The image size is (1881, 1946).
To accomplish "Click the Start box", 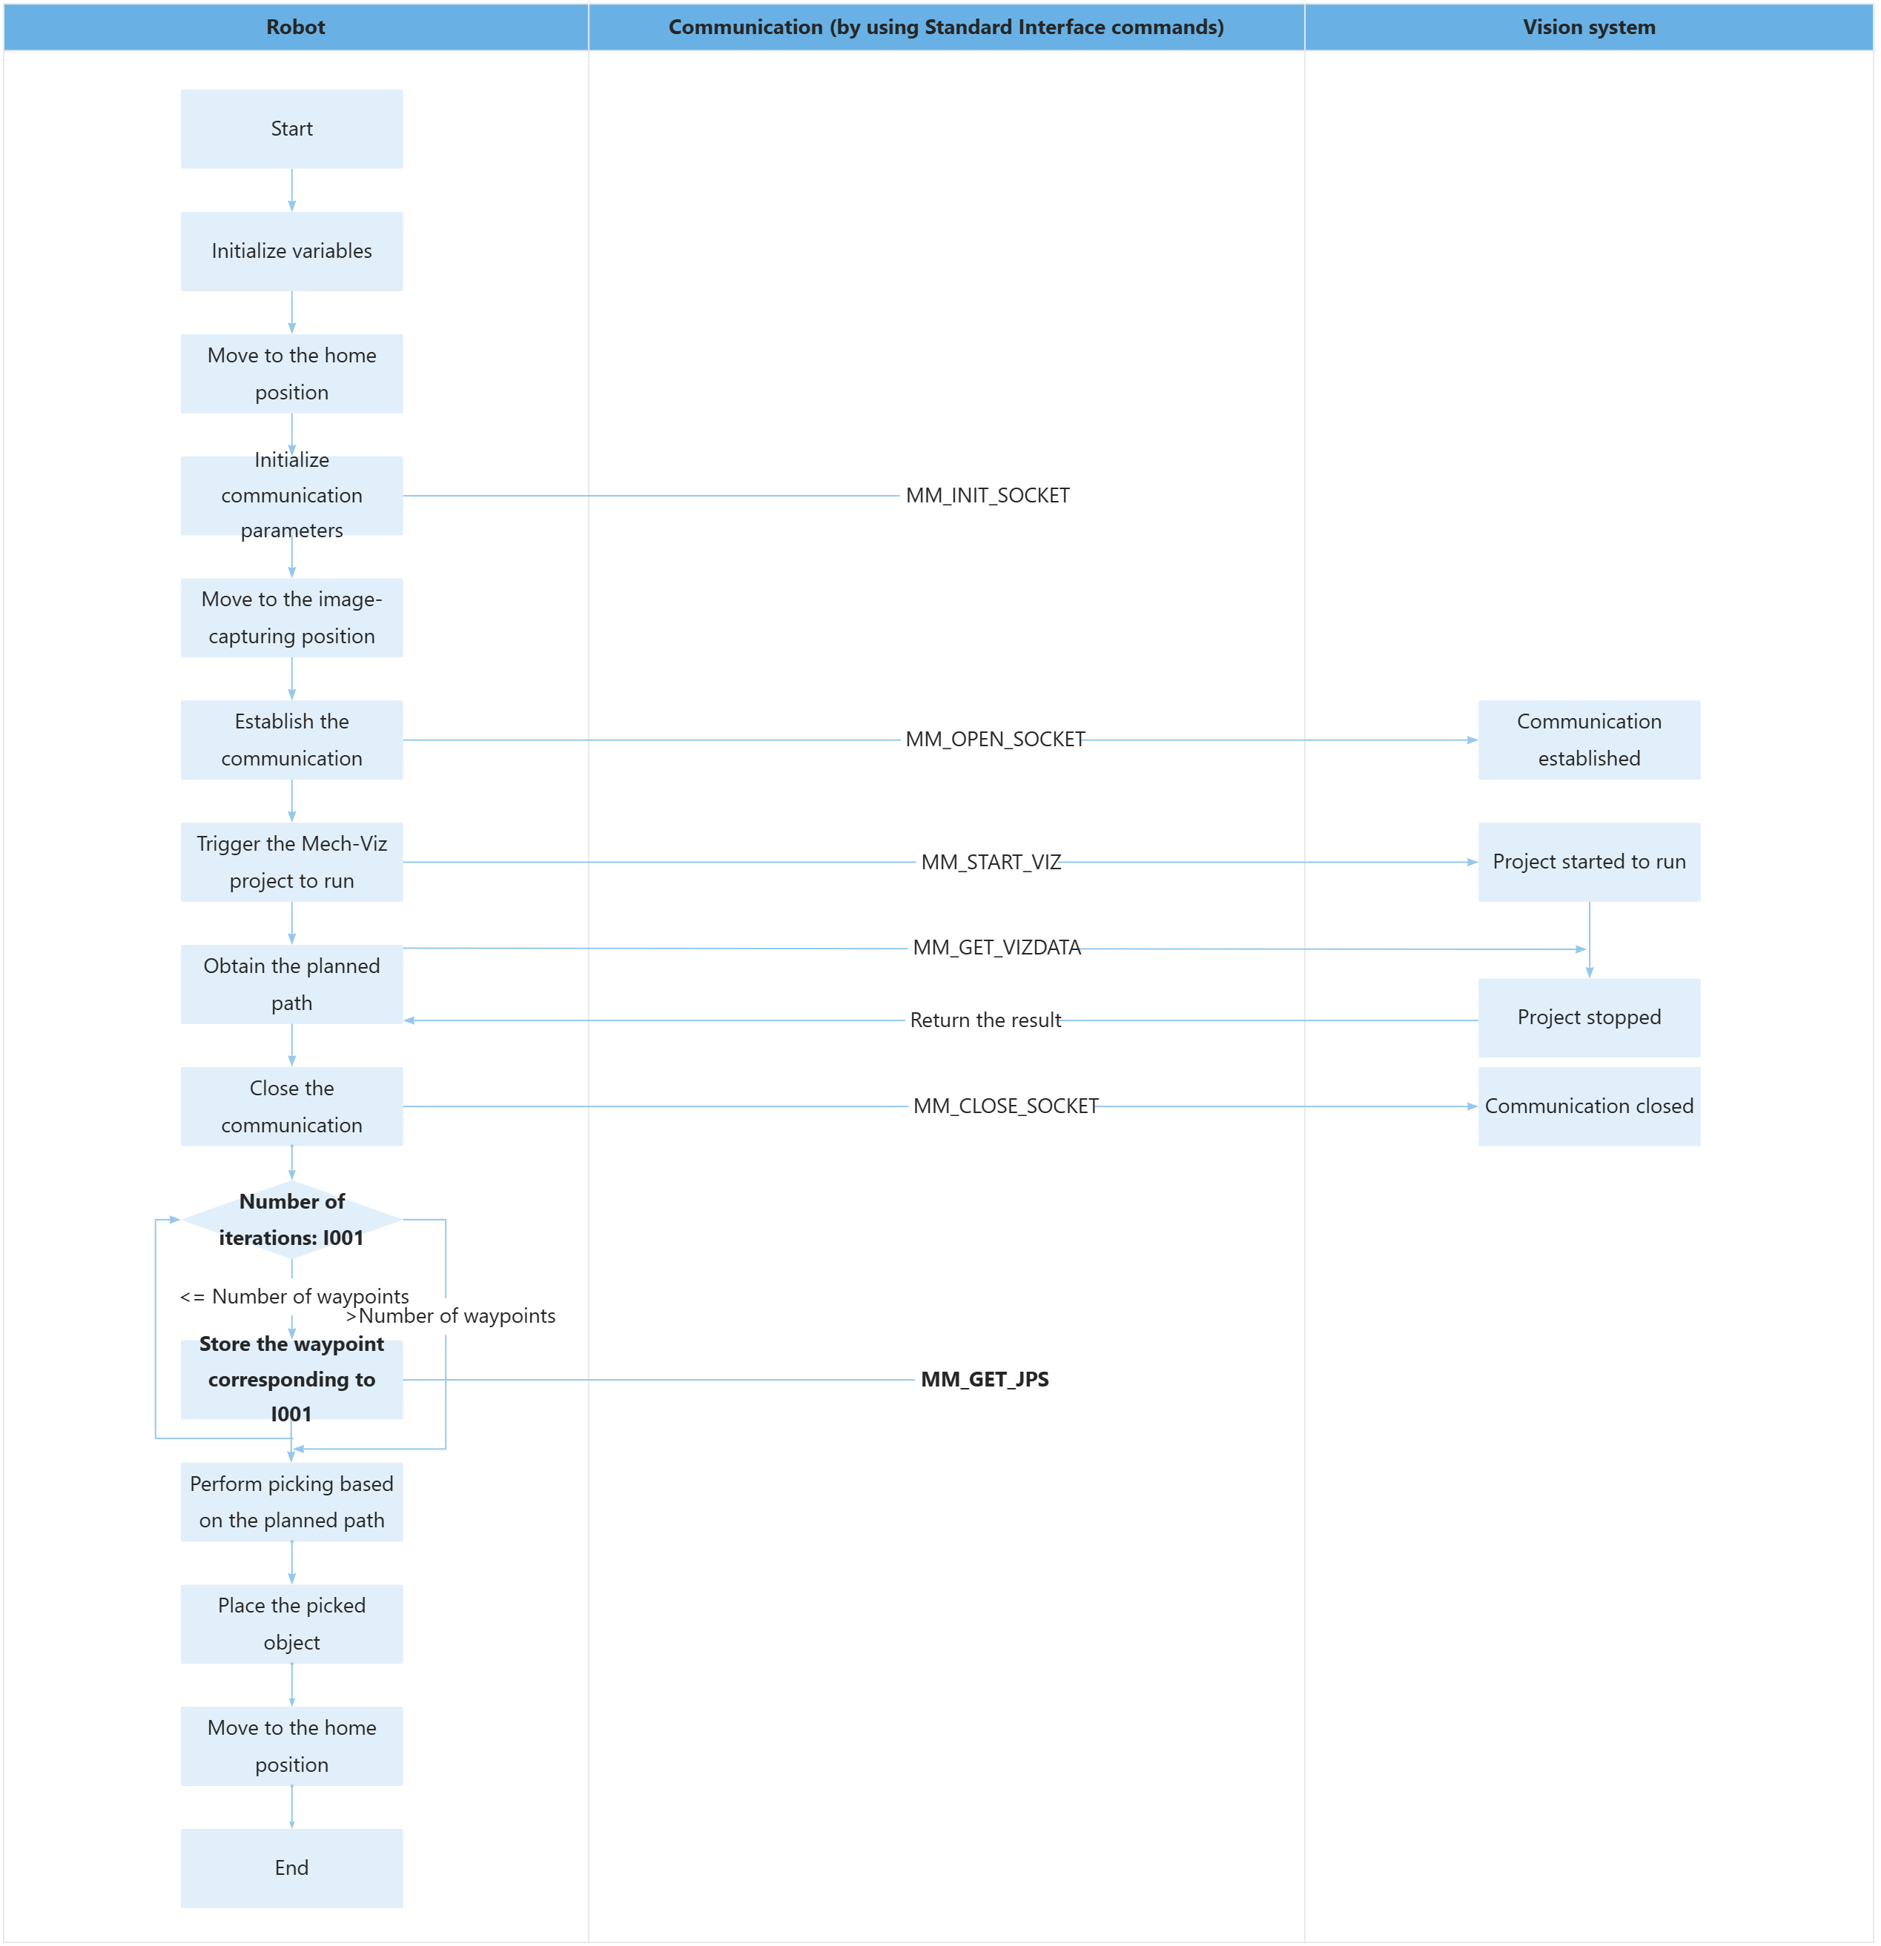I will point(291,129).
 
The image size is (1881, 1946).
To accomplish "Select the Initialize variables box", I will point(291,251).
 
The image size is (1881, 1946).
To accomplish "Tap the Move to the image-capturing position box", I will point(291,617).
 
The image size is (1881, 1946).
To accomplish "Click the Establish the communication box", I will point(291,740).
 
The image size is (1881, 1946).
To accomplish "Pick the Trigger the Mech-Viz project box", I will point(291,862).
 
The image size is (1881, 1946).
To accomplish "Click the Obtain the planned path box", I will point(291,984).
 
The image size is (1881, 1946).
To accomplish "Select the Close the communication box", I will point(291,1106).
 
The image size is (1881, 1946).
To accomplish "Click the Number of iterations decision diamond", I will point(291,1219).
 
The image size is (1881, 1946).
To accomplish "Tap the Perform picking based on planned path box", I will point(291,1501).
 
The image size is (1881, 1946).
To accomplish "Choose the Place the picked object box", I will point(291,1624).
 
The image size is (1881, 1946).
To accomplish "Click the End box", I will point(291,1867).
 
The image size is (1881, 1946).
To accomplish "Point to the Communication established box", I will point(1588,740).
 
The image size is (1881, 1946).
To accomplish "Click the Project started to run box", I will point(1588,862).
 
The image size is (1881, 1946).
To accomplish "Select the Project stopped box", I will point(1588,1017).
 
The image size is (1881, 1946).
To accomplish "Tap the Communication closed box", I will point(1588,1106).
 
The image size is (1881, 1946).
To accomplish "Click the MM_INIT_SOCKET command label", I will point(987,496).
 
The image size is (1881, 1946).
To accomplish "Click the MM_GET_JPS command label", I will point(984,1379).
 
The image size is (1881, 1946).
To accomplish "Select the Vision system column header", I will point(1588,27).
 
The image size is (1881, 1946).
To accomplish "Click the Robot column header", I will point(295,27).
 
